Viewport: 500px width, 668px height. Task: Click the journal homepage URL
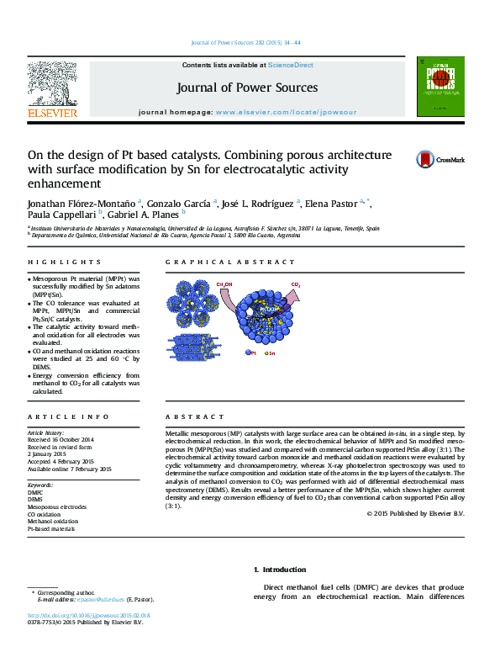click(x=286, y=112)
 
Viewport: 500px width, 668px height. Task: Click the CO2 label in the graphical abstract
click(x=296, y=285)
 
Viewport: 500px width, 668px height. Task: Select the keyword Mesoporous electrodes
click(x=56, y=508)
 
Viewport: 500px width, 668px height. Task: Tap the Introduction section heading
click(x=273, y=570)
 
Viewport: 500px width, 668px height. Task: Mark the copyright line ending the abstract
click(x=415, y=513)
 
